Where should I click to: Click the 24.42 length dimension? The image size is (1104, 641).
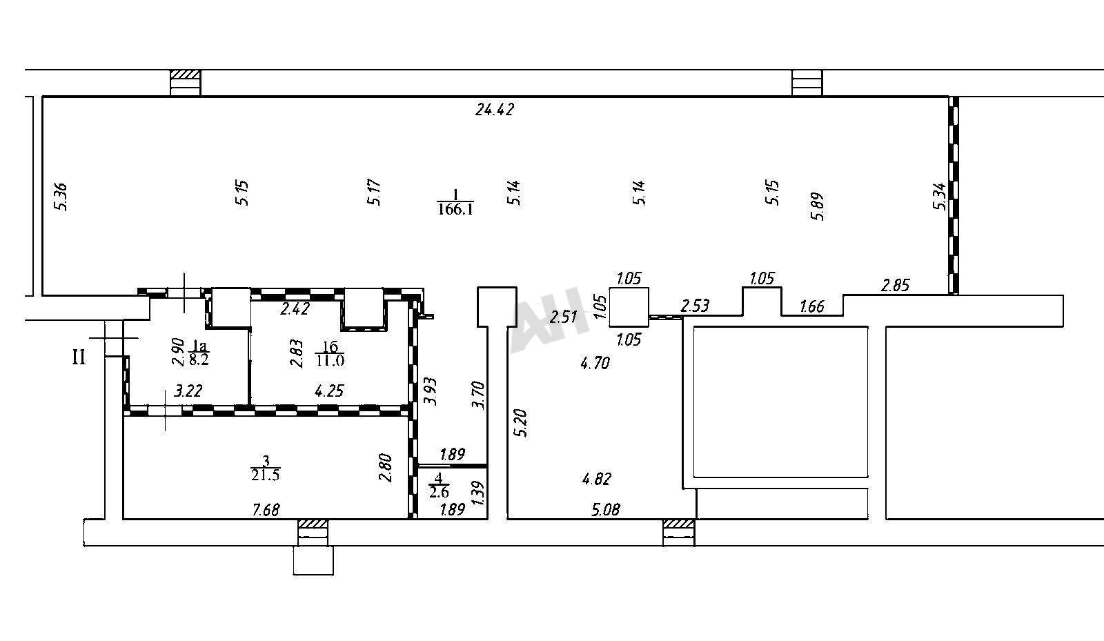pos(494,109)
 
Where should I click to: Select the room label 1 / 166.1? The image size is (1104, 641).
pos(455,202)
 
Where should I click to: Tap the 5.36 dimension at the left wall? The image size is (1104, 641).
pos(61,197)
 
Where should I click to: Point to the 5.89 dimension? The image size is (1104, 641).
pos(817,206)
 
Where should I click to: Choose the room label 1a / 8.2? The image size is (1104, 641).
pos(199,353)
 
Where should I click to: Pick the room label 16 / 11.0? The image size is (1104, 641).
pos(330,354)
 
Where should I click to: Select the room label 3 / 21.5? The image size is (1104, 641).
pos(266,468)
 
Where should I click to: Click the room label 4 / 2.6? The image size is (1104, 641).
pos(439,485)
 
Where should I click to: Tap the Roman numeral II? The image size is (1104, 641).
pos(79,357)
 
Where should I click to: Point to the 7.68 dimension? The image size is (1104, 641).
pos(266,509)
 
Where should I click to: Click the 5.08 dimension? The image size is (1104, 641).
pos(605,509)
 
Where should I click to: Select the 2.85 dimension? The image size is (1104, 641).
pos(895,285)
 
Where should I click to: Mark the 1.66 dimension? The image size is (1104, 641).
pos(811,306)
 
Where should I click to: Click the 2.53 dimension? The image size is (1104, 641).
pos(694,306)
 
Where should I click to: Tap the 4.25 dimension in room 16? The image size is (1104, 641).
pos(329,391)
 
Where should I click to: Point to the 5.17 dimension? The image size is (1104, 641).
pos(373,193)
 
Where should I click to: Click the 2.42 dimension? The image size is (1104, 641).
pos(295,309)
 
